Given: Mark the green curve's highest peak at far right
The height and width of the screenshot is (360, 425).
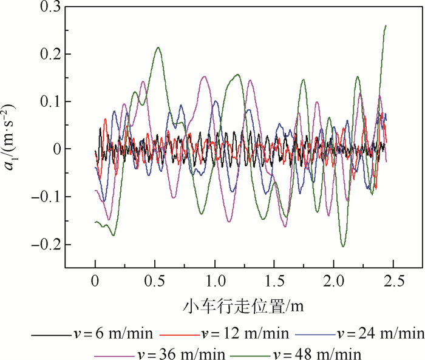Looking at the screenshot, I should [x=386, y=25].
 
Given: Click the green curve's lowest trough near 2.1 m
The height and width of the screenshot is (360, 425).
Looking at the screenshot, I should [x=344, y=246].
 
